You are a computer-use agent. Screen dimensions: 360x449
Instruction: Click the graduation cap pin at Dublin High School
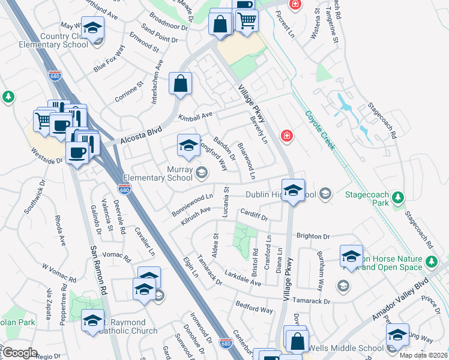(x=293, y=191)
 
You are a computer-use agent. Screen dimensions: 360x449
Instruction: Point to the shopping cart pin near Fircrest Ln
(x=247, y=21)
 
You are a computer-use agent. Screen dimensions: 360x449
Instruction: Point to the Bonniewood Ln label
(x=193, y=196)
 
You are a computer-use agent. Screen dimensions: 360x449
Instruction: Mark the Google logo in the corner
(x=20, y=352)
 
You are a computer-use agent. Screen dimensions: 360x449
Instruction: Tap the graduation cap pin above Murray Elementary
(x=188, y=146)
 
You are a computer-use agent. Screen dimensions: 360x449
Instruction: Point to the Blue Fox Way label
(x=109, y=60)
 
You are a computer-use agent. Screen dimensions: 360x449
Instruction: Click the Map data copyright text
(x=423, y=355)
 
